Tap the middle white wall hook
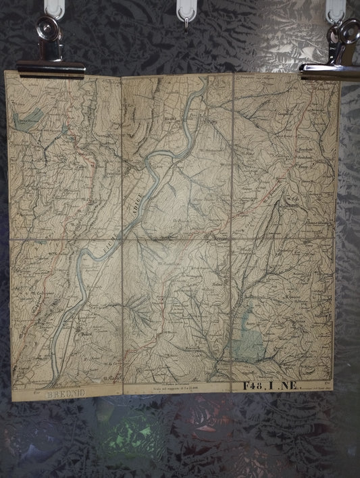click(186, 14)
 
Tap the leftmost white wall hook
click(55, 9)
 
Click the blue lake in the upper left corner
click(27, 117)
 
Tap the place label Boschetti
click(303, 148)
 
